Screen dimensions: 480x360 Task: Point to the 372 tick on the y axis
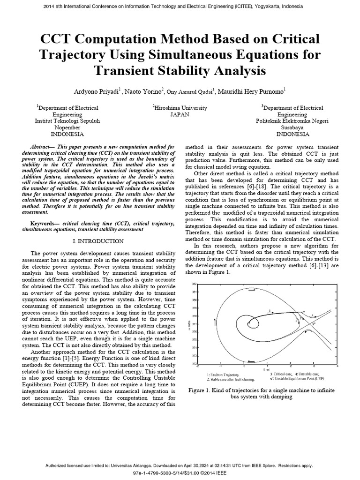(x=194, y=364)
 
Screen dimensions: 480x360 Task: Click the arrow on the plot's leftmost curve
(x=215, y=322)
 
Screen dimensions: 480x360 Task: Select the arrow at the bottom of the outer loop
(x=251, y=361)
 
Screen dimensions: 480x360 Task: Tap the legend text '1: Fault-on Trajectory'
(x=223, y=375)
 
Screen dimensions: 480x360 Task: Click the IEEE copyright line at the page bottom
(x=180, y=473)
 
